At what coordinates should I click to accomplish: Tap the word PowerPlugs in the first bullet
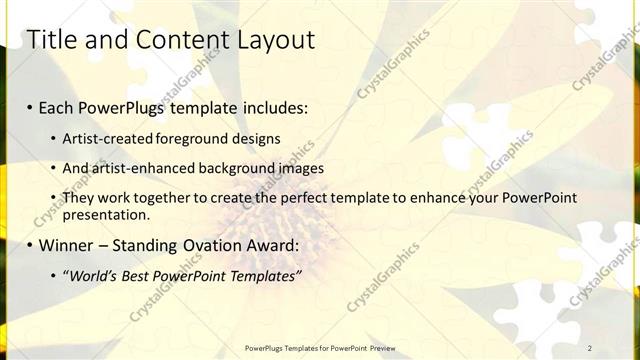point(123,107)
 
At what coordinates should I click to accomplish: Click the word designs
point(254,138)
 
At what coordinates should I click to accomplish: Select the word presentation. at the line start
point(106,214)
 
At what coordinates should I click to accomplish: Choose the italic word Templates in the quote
point(262,276)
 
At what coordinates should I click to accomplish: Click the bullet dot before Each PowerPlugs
point(30,108)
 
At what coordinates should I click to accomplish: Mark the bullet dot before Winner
point(30,246)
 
